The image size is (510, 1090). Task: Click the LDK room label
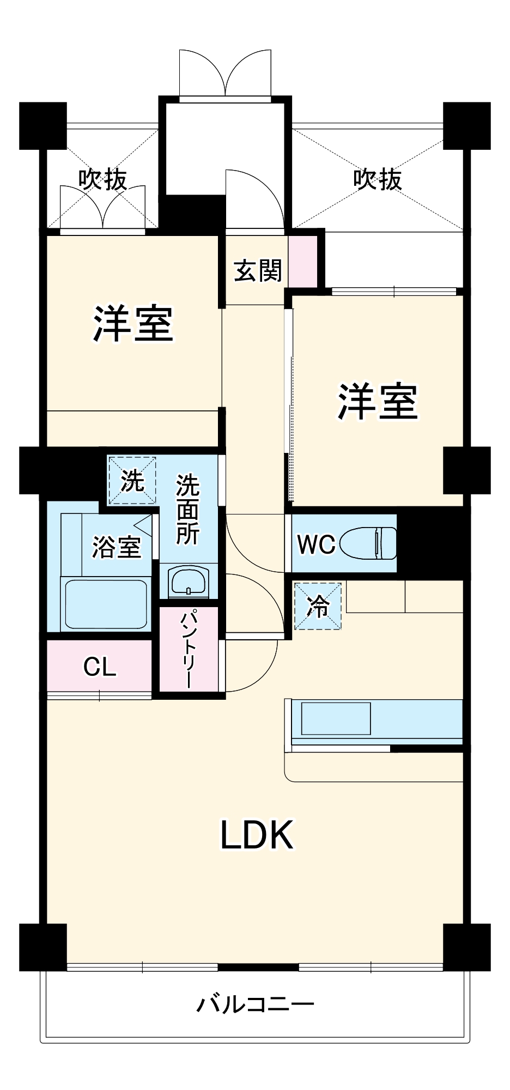(257, 835)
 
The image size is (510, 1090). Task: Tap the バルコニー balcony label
(255, 1004)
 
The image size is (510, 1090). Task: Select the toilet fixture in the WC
(369, 543)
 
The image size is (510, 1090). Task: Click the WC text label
(316, 544)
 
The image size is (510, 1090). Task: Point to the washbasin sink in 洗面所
(188, 582)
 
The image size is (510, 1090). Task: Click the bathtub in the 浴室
(106, 604)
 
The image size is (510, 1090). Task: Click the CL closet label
(100, 667)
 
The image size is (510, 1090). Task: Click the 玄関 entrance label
(258, 271)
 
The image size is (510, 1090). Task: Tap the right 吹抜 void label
(378, 179)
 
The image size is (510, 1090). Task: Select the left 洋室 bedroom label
(133, 324)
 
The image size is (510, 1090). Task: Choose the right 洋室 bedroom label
(378, 402)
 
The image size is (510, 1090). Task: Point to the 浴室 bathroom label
(117, 547)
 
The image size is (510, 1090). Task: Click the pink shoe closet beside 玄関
(302, 261)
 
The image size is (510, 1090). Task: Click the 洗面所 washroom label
(187, 510)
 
